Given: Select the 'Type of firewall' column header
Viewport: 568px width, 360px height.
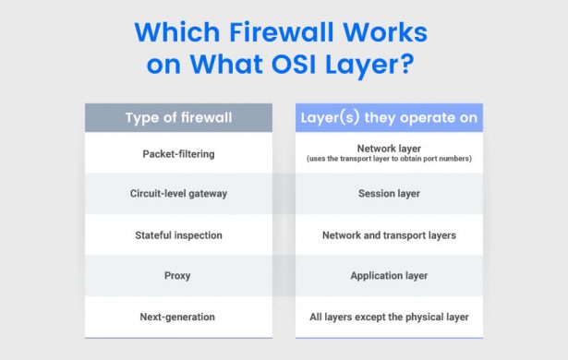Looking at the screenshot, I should (x=178, y=117).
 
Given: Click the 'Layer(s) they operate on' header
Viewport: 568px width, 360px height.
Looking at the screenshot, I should (x=389, y=117).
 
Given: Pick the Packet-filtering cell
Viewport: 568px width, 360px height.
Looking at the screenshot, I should (x=178, y=152).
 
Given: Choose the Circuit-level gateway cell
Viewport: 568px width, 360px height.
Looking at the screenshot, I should (x=178, y=194).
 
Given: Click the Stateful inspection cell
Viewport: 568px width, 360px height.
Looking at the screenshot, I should (x=178, y=235).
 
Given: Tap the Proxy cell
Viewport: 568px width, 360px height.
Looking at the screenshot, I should (x=178, y=276).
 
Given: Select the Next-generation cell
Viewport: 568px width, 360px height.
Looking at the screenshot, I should (x=178, y=317).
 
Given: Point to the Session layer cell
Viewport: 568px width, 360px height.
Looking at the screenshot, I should (x=389, y=194).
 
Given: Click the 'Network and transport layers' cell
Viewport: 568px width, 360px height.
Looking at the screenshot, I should (x=389, y=235).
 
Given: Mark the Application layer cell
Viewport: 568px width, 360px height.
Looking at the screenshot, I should (x=389, y=276).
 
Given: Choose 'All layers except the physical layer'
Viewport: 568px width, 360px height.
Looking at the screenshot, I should (x=389, y=317).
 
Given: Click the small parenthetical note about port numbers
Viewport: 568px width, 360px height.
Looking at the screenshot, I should (x=389, y=160).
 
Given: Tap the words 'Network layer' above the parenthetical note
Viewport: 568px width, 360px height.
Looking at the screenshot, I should (x=389, y=148).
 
